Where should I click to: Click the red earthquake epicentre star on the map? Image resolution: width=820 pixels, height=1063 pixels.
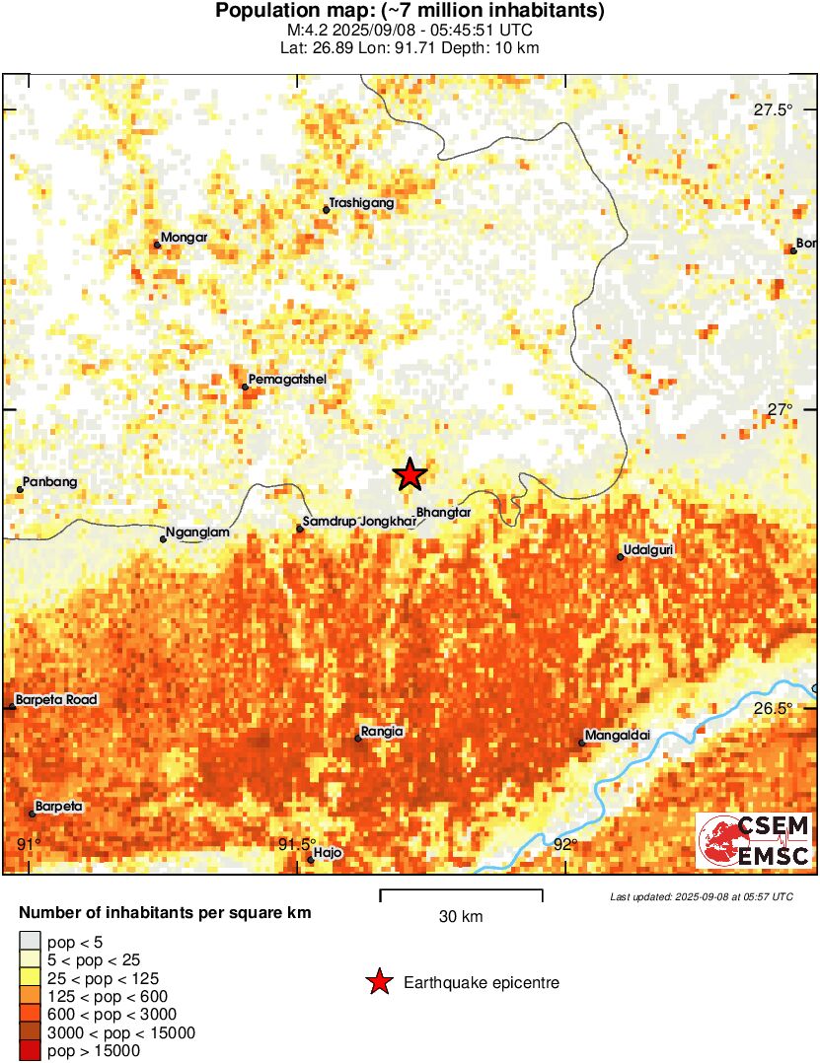[x=410, y=475]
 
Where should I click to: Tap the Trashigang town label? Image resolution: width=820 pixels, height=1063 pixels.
[x=361, y=203]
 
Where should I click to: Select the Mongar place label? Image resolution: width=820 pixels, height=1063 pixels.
[x=184, y=238]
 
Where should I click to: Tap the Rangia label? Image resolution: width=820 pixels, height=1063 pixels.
[x=384, y=732]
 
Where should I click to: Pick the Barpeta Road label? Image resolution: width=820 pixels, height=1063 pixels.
[x=57, y=700]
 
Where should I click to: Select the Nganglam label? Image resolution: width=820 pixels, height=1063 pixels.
[x=198, y=532]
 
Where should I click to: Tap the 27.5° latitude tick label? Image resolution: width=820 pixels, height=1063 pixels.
[x=773, y=109]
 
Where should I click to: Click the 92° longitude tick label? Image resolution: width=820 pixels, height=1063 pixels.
[x=565, y=844]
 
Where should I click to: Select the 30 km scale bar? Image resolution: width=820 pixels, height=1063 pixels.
[x=461, y=895]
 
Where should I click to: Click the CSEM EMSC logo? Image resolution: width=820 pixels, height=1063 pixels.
[x=755, y=840]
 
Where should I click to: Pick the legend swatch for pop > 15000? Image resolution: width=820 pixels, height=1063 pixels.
[x=31, y=1051]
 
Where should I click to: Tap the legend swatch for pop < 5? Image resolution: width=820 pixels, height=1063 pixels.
[x=31, y=939]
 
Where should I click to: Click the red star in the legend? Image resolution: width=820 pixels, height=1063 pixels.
[x=378, y=982]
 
